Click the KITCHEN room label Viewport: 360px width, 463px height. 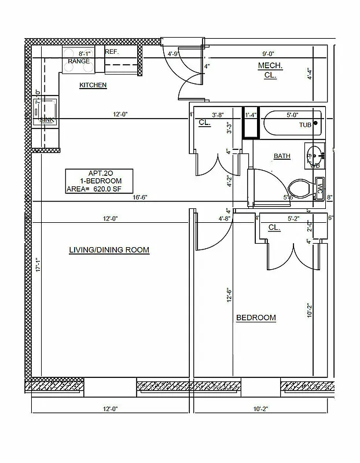pyautogui.click(x=93, y=85)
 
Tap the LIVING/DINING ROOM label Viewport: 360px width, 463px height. pyautogui.click(x=109, y=250)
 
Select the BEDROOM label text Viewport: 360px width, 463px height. pyautogui.click(x=256, y=318)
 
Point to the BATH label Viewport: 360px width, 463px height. pyautogui.click(x=282, y=156)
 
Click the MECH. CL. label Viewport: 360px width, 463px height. pyautogui.click(x=270, y=71)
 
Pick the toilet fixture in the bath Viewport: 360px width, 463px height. pyautogui.click(x=301, y=188)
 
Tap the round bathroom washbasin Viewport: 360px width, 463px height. pyautogui.click(x=314, y=155)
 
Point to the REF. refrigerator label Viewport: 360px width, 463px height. pyautogui.click(x=112, y=52)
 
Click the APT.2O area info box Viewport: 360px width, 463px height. pyautogui.click(x=99, y=181)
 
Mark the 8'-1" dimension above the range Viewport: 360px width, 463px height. pyautogui.click(x=85, y=53)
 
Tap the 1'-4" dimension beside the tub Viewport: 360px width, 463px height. pyautogui.click(x=251, y=115)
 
